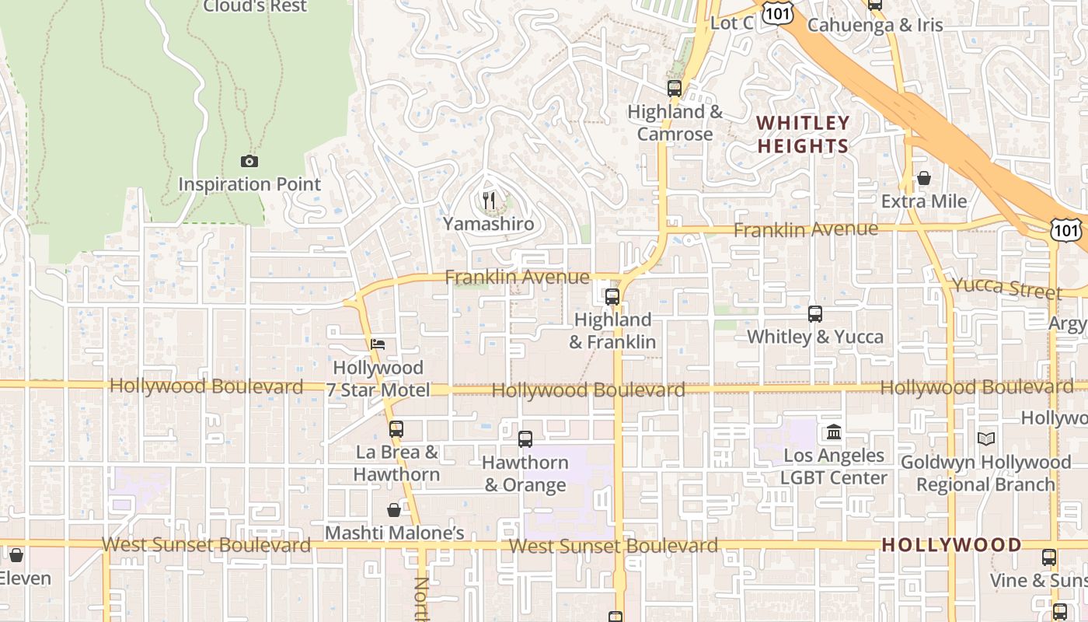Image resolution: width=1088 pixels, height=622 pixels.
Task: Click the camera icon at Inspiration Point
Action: (249, 162)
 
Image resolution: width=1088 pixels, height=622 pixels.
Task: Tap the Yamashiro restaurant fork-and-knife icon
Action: (488, 201)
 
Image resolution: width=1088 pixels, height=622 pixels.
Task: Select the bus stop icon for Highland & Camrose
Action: (674, 89)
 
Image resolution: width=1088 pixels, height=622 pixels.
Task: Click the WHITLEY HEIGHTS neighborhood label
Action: (803, 135)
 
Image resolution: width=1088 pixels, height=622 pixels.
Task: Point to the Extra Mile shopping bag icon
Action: (923, 179)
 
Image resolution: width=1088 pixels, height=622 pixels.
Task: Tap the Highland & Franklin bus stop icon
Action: (612, 297)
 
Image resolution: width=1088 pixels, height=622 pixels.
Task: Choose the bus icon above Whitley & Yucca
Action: (814, 314)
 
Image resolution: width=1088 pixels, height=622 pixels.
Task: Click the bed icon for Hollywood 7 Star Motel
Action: (378, 344)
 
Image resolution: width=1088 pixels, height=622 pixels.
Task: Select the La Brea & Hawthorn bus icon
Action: (396, 429)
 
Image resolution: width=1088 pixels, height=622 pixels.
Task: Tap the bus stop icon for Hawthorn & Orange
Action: (525, 439)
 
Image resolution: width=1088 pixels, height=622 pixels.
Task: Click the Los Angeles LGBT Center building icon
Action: (834, 432)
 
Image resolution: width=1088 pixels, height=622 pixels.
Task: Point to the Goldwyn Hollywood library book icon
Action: (985, 439)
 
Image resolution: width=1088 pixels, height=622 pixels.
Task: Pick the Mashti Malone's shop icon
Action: (394, 510)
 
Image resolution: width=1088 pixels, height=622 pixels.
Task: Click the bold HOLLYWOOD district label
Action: (951, 544)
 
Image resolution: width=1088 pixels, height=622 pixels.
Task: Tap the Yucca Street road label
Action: (1007, 288)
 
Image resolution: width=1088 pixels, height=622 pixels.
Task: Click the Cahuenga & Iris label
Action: (875, 25)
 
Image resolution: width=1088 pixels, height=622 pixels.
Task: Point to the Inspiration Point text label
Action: (249, 184)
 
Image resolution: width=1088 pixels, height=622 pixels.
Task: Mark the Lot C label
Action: (731, 23)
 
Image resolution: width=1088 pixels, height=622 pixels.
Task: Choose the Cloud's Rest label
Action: (255, 6)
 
